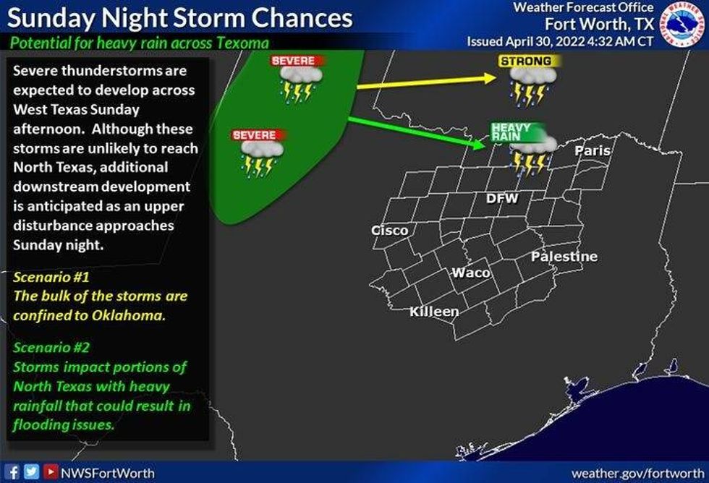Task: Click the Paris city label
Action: pos(593,151)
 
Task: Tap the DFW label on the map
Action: pos(501,198)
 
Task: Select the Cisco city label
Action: pos(389,231)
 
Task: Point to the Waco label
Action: pos(471,273)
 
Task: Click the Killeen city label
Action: pos(434,312)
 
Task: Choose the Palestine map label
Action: pos(564,257)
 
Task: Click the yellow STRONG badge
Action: pos(526,61)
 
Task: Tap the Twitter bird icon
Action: pos(30,472)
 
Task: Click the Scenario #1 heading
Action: pos(50,276)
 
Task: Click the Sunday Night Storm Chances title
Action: pos(181,17)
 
